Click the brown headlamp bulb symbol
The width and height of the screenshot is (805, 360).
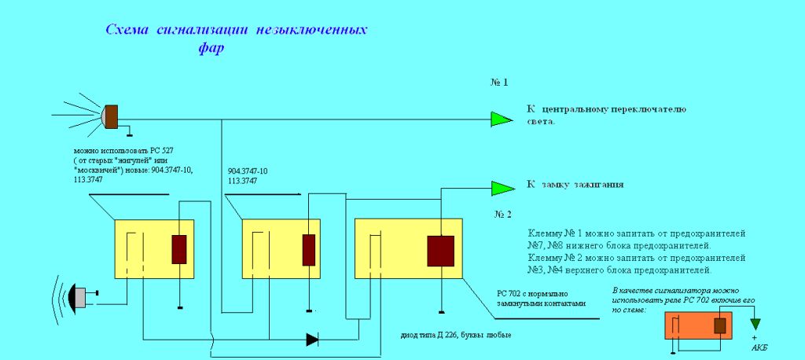pos(112,116)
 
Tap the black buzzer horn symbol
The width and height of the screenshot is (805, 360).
pos(79,296)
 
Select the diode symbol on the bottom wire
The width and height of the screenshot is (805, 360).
pos(313,340)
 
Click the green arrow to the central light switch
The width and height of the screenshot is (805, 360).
pos(500,119)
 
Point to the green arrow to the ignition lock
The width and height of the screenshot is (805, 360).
pos(500,188)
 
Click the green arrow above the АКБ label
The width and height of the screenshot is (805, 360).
pos(756,324)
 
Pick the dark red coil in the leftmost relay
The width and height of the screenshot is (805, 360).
pos(179,249)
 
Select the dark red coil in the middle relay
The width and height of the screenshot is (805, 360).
pos(309,249)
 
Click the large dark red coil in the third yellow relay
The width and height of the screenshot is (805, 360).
pos(440,252)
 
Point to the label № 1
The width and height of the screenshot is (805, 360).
pos(499,82)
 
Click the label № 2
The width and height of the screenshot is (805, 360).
pos(503,214)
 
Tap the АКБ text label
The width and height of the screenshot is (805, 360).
pos(756,347)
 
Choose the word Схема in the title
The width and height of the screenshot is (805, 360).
pos(128,30)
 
